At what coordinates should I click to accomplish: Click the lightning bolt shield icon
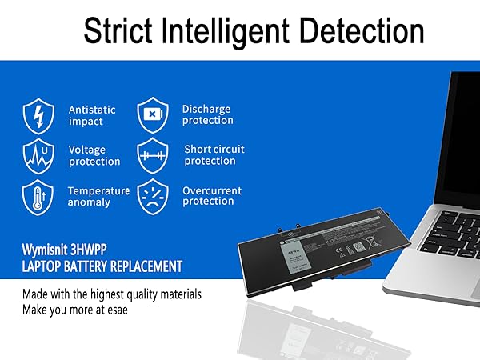[38, 114]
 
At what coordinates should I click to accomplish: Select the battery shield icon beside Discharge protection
[152, 114]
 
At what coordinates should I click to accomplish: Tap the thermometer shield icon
[38, 196]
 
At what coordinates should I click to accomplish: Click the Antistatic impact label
[92, 115]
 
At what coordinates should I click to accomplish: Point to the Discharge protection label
[207, 114]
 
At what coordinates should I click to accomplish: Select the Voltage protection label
[94, 155]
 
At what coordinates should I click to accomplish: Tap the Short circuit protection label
[214, 154]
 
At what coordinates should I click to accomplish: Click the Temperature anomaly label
[98, 197]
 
